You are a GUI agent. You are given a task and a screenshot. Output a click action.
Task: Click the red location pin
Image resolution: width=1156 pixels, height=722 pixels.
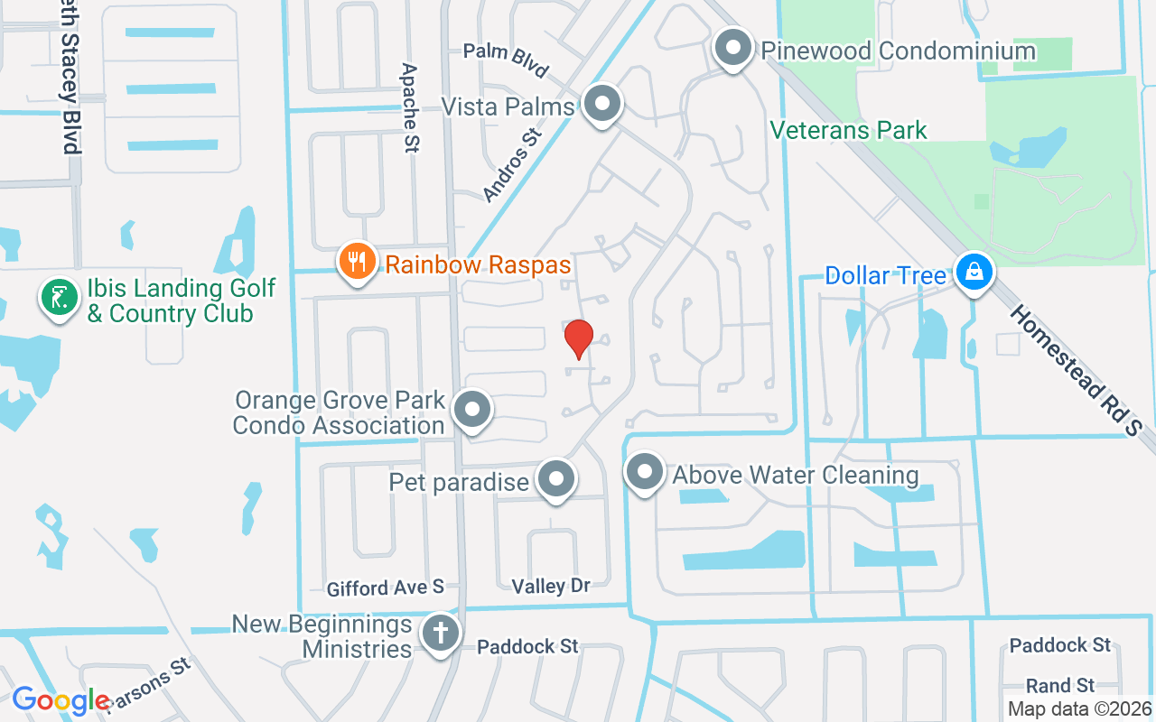(x=578, y=338)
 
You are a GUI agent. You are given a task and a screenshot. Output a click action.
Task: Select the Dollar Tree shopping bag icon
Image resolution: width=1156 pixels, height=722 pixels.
(x=974, y=273)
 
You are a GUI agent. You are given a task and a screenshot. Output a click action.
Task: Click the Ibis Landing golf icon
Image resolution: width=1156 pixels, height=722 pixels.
(x=58, y=297)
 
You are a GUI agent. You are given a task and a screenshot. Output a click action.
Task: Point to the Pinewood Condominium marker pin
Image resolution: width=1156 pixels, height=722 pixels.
(x=733, y=47)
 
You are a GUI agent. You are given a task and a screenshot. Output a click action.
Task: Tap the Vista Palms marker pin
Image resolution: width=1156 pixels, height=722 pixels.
(x=601, y=105)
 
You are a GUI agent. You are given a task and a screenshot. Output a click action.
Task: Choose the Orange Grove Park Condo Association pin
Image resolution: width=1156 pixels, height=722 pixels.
(x=471, y=411)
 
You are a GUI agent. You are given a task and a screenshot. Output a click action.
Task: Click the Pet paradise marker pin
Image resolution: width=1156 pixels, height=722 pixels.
(x=555, y=479)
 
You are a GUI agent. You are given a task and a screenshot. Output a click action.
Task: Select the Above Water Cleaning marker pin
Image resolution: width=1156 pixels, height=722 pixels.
(x=645, y=472)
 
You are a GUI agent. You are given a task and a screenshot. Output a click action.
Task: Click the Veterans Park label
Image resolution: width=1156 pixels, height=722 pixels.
(x=848, y=131)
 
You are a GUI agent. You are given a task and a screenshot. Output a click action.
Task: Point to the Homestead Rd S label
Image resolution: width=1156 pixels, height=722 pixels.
(x=1076, y=371)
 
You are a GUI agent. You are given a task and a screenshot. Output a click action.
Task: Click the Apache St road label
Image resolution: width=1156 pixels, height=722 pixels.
(x=411, y=107)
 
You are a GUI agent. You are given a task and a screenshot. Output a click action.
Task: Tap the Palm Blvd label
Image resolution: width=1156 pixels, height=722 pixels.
(x=506, y=60)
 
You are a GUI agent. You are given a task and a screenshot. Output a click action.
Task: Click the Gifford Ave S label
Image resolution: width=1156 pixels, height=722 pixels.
(x=386, y=588)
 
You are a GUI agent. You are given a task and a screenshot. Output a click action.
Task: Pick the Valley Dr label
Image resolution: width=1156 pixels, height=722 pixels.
(x=551, y=587)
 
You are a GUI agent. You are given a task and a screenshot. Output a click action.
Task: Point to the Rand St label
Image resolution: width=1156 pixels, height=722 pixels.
(x=1060, y=686)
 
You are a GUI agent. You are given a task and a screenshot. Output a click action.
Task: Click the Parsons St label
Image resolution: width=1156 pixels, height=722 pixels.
(x=149, y=685)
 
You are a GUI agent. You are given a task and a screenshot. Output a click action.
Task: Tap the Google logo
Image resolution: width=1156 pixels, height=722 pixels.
(x=61, y=699)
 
